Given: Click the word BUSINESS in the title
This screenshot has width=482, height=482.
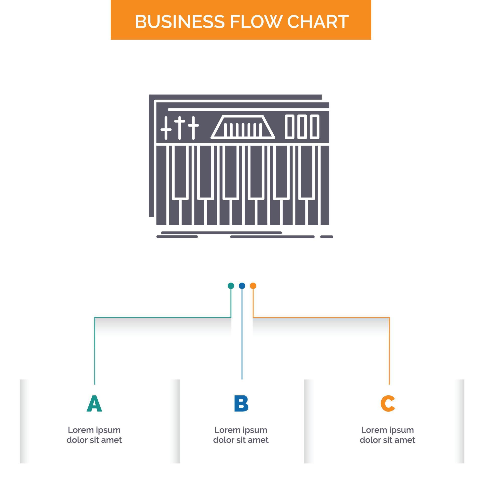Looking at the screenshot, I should (179, 22).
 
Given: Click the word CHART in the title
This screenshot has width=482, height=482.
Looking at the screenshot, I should (318, 22).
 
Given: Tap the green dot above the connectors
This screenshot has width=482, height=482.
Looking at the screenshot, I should (231, 286).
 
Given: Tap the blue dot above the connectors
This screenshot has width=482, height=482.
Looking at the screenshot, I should (242, 286).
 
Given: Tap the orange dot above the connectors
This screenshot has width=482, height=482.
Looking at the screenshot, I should (253, 286).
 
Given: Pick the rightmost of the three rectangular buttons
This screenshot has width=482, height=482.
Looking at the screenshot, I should (314, 127).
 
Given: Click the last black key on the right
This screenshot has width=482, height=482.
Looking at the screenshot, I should (307, 172).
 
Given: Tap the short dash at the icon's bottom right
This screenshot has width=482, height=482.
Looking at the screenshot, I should (327, 237).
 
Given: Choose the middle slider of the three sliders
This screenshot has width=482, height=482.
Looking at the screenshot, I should (179, 128).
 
